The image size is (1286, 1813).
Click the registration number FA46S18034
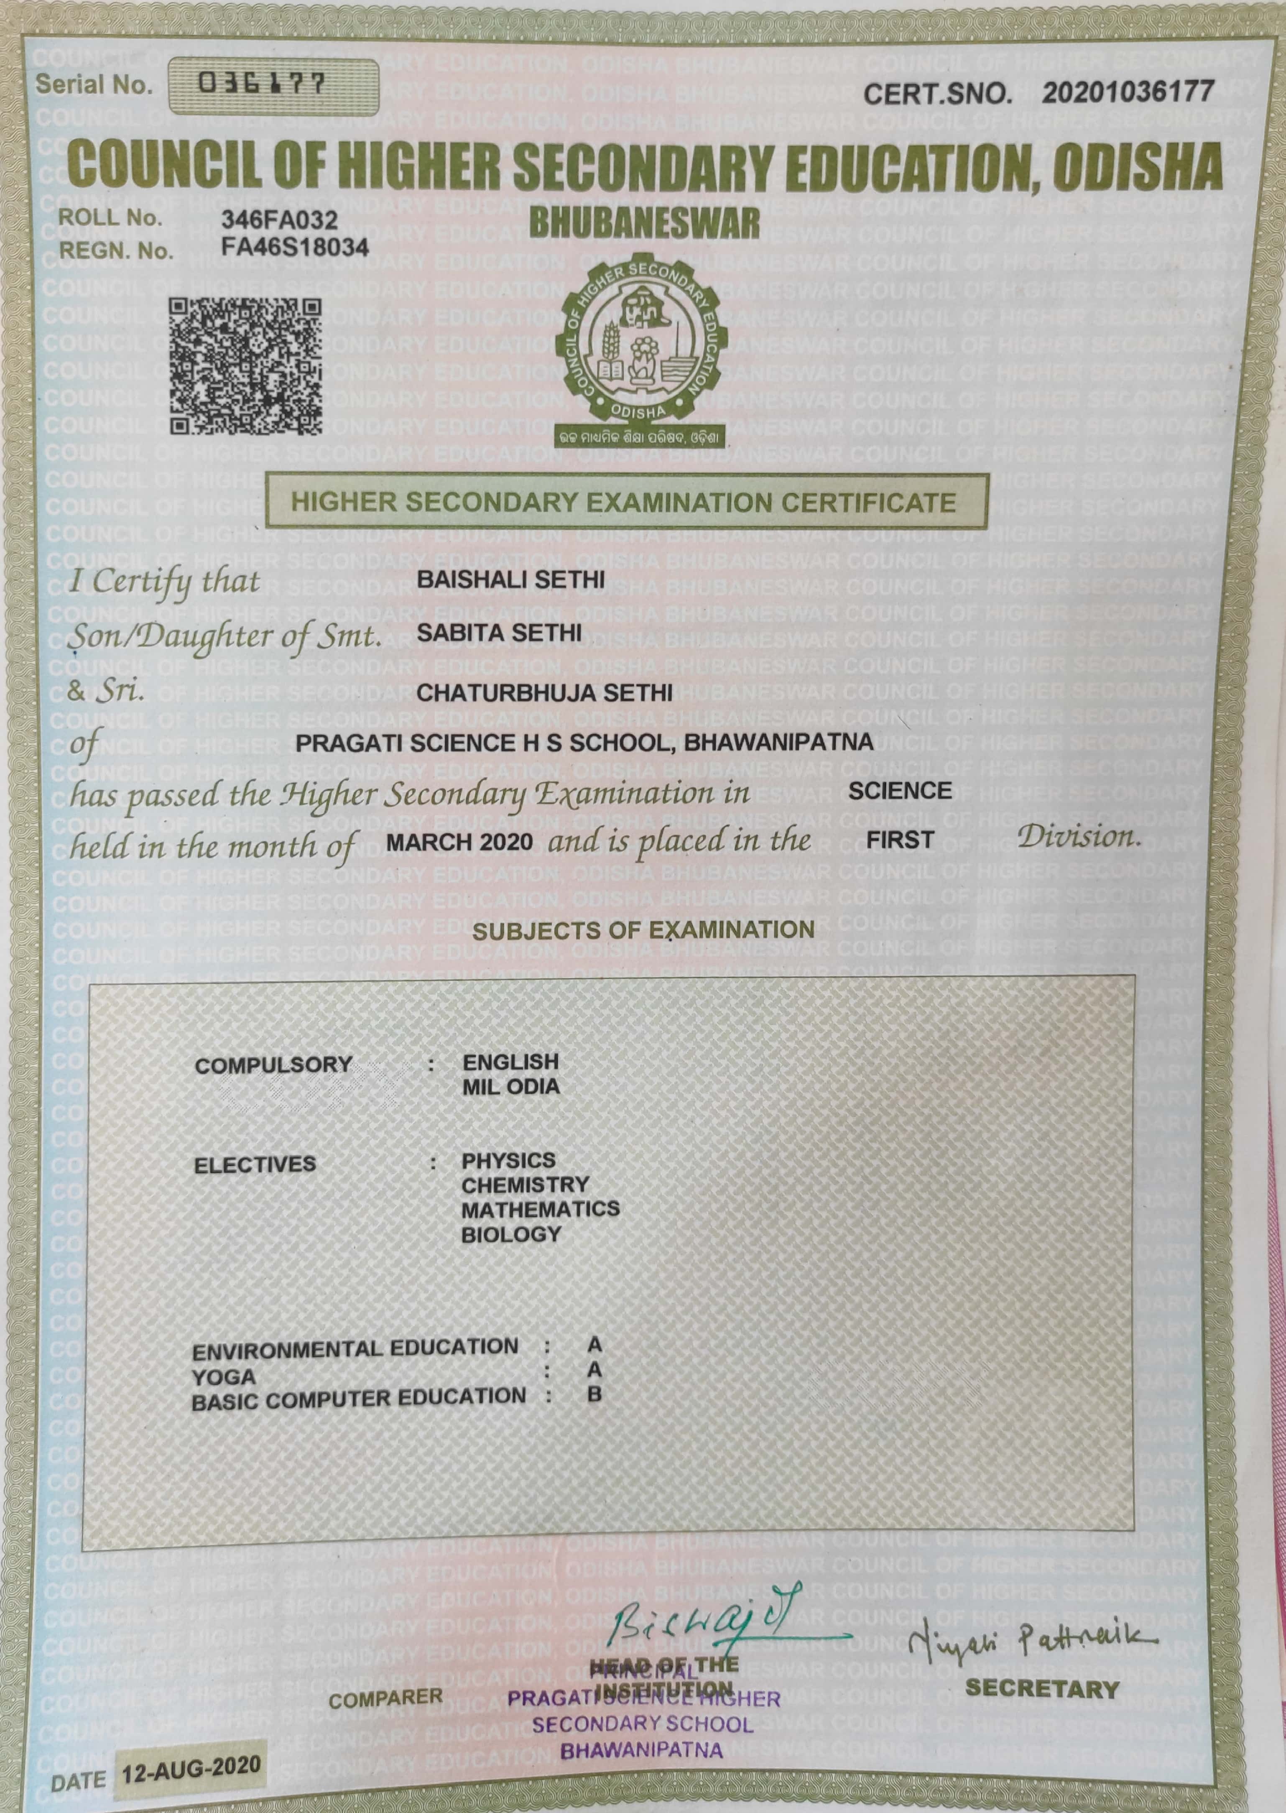pos(295,248)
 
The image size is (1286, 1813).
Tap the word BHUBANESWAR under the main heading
pos(644,224)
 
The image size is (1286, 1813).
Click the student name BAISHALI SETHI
pos(511,580)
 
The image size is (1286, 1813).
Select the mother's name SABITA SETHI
pos(499,633)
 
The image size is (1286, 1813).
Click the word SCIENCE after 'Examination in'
pos(900,790)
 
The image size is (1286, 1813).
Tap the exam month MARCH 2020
pos(459,842)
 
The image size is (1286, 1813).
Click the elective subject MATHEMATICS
pos(540,1209)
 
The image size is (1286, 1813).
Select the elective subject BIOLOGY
pos(511,1234)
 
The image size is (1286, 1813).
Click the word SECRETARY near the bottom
pos(1041,1689)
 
